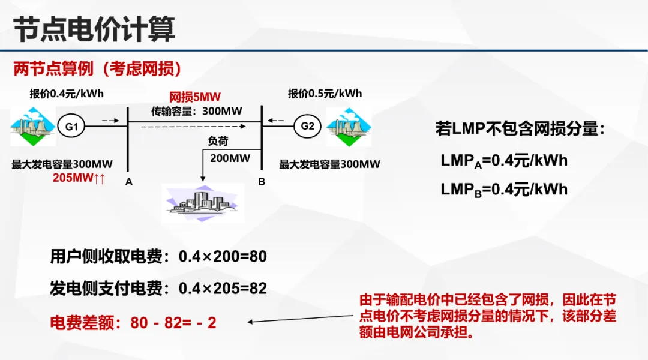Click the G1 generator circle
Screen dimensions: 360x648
coord(71,127)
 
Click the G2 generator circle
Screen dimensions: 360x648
coord(307,126)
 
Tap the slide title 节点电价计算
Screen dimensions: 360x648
coord(94,29)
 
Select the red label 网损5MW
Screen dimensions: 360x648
coord(195,97)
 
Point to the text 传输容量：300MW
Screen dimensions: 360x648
coord(195,111)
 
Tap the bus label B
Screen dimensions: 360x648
coord(262,181)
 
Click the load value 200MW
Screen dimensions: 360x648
coord(230,158)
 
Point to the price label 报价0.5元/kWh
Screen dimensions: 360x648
coord(325,94)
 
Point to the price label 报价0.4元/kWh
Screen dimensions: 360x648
coord(67,94)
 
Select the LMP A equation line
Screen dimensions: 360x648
coord(504,161)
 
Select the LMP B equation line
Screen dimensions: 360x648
coord(504,190)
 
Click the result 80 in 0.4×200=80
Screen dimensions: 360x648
coord(258,257)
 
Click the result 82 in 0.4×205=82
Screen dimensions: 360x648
coord(258,289)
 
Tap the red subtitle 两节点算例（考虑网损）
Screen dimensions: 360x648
coord(97,69)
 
